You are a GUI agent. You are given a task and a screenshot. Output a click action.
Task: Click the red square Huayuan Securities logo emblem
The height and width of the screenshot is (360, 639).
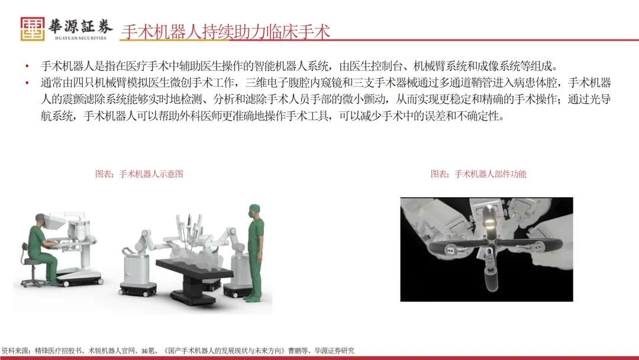tap(33, 29)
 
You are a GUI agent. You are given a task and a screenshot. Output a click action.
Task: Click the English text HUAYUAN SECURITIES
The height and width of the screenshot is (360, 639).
tap(80, 38)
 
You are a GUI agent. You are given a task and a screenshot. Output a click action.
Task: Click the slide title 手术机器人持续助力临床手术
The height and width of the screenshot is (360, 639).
tap(225, 32)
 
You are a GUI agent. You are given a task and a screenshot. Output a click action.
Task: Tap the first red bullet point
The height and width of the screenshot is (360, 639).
tap(27, 66)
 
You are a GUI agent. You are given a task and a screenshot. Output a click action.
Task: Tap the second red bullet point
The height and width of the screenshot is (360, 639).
tap(27, 83)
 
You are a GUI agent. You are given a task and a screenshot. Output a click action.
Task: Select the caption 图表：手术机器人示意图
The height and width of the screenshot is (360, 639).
tap(140, 174)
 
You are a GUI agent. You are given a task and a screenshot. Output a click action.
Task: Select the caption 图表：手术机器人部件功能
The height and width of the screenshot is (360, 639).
tap(479, 174)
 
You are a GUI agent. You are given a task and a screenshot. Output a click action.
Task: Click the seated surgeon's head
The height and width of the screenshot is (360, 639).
tap(40, 220)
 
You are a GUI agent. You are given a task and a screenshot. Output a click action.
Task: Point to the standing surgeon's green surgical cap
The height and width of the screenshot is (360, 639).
tap(254, 208)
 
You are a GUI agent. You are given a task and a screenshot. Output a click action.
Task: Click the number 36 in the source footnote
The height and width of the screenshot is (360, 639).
tap(145, 351)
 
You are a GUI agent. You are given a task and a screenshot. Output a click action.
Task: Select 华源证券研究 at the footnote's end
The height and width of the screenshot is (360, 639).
tap(334, 351)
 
